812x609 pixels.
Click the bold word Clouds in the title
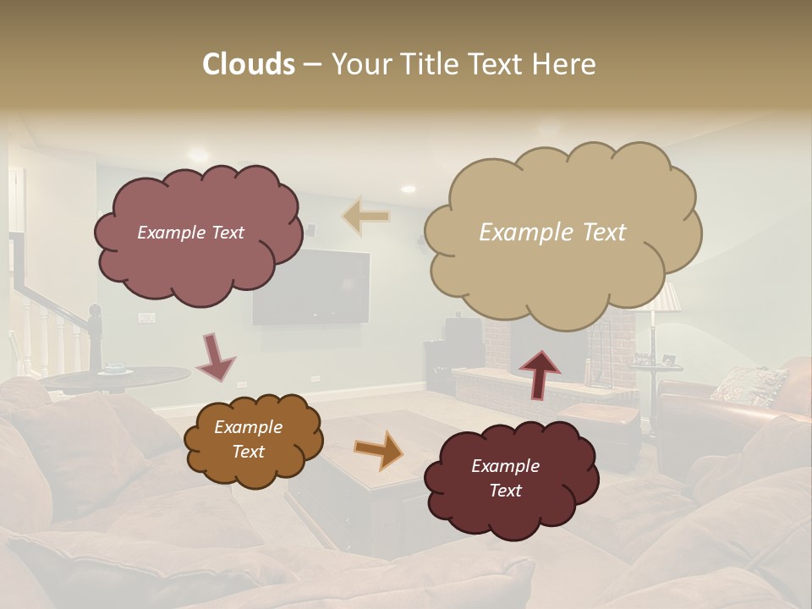tap(249, 64)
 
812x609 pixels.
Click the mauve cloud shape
tap(197, 233)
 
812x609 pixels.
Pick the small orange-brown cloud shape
tap(252, 440)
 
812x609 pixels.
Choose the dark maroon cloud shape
tap(510, 479)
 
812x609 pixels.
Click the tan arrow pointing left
tap(367, 216)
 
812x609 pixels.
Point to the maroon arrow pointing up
tap(540, 373)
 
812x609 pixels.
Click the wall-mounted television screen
tap(311, 288)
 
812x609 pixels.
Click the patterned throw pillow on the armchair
tap(748, 385)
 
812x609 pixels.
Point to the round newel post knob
tap(95, 315)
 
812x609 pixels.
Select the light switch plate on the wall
tap(147, 318)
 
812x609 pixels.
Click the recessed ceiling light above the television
tap(409, 189)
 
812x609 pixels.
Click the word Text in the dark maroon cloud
tap(506, 491)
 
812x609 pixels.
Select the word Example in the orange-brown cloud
tap(248, 427)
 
